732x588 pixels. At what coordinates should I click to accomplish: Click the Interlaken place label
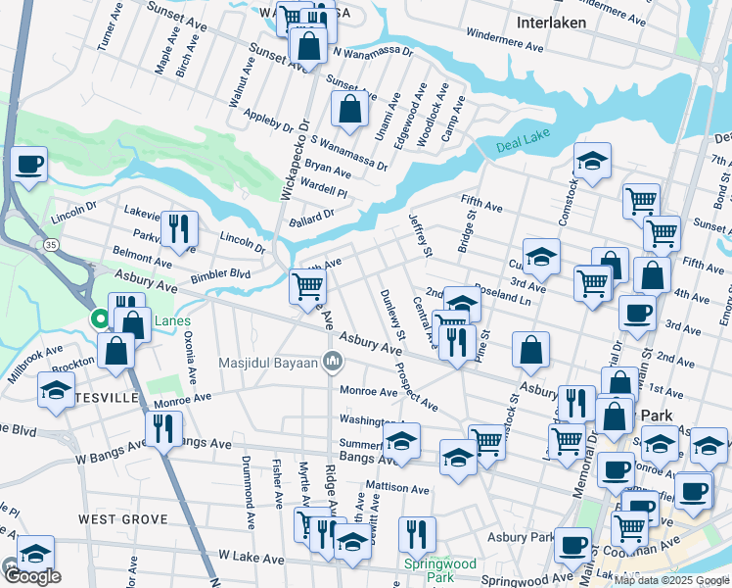[x=552, y=22]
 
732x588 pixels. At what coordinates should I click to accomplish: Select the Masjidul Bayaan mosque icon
[x=334, y=363]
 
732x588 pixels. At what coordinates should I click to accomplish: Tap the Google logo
[x=31, y=575]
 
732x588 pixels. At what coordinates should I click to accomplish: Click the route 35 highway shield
[x=49, y=242]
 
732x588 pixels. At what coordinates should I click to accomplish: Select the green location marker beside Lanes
[x=99, y=319]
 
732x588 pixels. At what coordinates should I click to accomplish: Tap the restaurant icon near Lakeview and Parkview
[x=178, y=228]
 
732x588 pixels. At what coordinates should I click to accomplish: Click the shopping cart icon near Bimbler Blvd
[x=307, y=286]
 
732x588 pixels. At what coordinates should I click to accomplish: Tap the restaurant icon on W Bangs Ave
[x=163, y=428]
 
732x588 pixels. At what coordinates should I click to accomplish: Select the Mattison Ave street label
[x=396, y=488]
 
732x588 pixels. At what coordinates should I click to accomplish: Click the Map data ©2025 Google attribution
[x=671, y=580]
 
